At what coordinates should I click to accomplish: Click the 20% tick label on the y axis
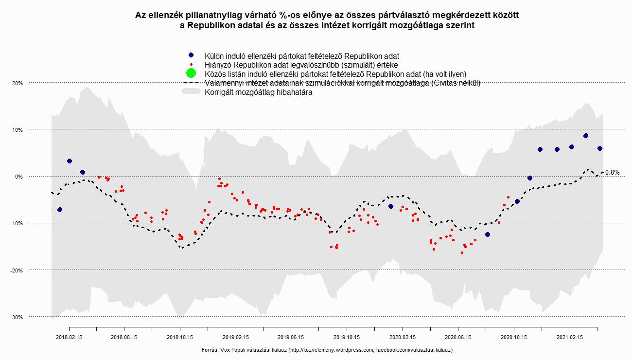[18, 83]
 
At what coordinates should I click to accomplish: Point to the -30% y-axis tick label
[18, 317]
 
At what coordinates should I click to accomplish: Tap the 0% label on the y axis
[19, 177]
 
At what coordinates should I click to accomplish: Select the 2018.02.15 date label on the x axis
[69, 337]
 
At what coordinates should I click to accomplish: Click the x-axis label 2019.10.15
[347, 337]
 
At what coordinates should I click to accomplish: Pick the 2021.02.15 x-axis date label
[569, 337]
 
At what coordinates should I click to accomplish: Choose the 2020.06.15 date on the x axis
[458, 337]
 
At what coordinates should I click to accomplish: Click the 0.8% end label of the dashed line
[613, 172]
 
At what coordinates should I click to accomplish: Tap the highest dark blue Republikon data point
[586, 136]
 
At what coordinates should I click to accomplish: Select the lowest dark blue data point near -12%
[488, 234]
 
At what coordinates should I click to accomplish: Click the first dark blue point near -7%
[60, 210]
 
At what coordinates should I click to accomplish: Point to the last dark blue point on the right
[600, 148]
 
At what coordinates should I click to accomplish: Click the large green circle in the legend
[191, 73]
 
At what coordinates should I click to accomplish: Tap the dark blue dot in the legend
[191, 56]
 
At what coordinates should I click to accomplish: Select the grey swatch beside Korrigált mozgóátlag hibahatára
[191, 92]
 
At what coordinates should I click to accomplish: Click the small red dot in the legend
[191, 65]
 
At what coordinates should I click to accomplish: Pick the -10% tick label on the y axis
[18, 223]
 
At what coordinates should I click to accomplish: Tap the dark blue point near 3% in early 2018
[70, 161]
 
